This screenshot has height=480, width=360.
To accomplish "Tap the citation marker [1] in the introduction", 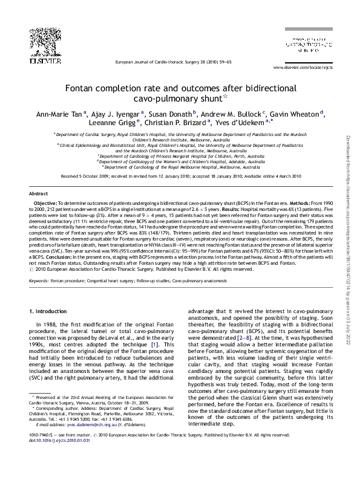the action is tap(155, 344).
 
